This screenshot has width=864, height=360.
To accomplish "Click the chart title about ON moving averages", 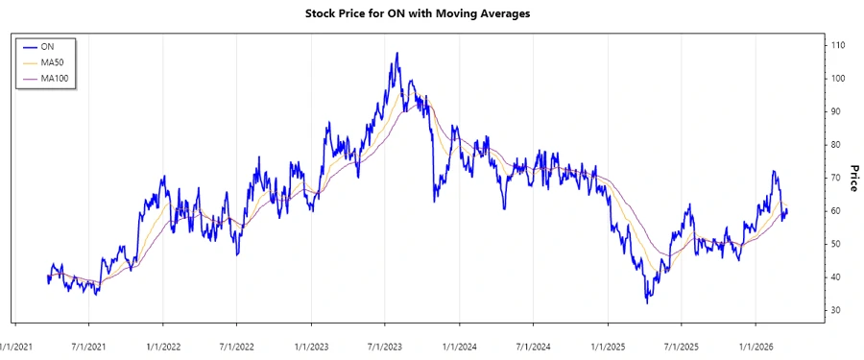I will point(431,13).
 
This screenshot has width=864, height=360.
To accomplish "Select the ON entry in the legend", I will point(47,45).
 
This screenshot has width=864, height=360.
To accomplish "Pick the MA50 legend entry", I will point(53,61).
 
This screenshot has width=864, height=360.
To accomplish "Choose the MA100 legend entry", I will point(56,78).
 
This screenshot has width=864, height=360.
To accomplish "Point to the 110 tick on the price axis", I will point(838,45).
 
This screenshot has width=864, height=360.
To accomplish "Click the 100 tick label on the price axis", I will point(838,79).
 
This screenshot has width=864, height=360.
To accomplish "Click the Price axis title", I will point(852,178).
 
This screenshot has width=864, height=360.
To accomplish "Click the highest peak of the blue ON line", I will point(397,54).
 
